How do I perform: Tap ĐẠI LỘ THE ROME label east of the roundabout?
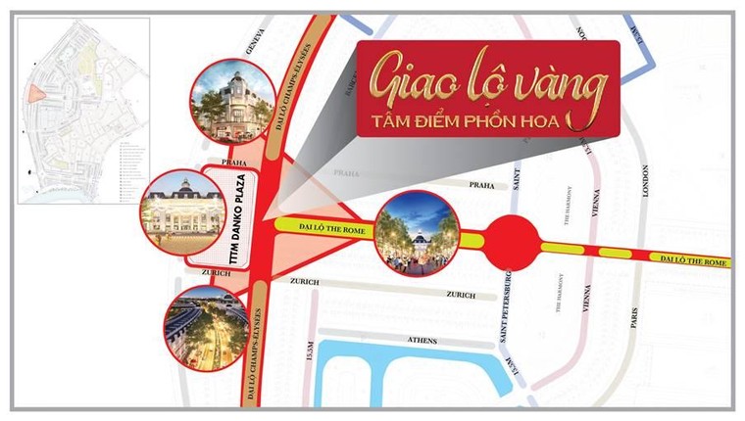click(x=695, y=262)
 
